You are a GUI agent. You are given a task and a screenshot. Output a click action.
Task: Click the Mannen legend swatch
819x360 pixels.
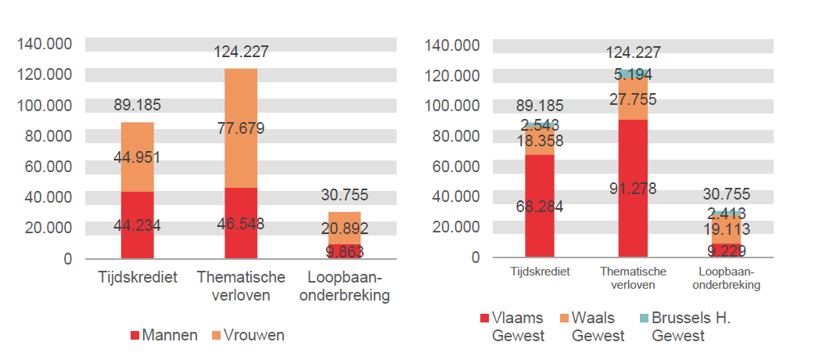(135, 335)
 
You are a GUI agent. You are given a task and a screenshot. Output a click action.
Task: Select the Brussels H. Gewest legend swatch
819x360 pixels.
(644, 319)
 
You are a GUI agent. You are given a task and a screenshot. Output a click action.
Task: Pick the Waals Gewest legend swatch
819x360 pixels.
(564, 319)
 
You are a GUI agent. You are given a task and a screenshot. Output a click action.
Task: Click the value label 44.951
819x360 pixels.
(137, 157)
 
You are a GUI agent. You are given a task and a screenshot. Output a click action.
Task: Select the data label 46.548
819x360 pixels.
(241, 224)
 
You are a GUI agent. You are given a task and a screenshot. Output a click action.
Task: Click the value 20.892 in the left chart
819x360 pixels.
(344, 229)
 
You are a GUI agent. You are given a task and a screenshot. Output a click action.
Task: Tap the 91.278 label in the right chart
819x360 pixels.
(633, 188)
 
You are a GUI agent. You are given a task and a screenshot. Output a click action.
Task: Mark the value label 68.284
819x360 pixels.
(539, 207)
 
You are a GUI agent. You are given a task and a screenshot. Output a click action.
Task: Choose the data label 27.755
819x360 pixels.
(633, 99)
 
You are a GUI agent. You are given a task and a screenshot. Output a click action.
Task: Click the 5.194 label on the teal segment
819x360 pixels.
(633, 75)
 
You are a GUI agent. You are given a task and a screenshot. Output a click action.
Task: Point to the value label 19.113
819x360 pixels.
(727, 229)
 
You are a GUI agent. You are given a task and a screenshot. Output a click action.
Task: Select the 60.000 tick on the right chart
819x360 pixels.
(451, 166)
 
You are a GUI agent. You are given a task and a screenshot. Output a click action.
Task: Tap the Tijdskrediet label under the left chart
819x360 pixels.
(138, 278)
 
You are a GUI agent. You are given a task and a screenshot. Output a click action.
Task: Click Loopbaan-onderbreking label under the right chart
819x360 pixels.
(727, 279)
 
